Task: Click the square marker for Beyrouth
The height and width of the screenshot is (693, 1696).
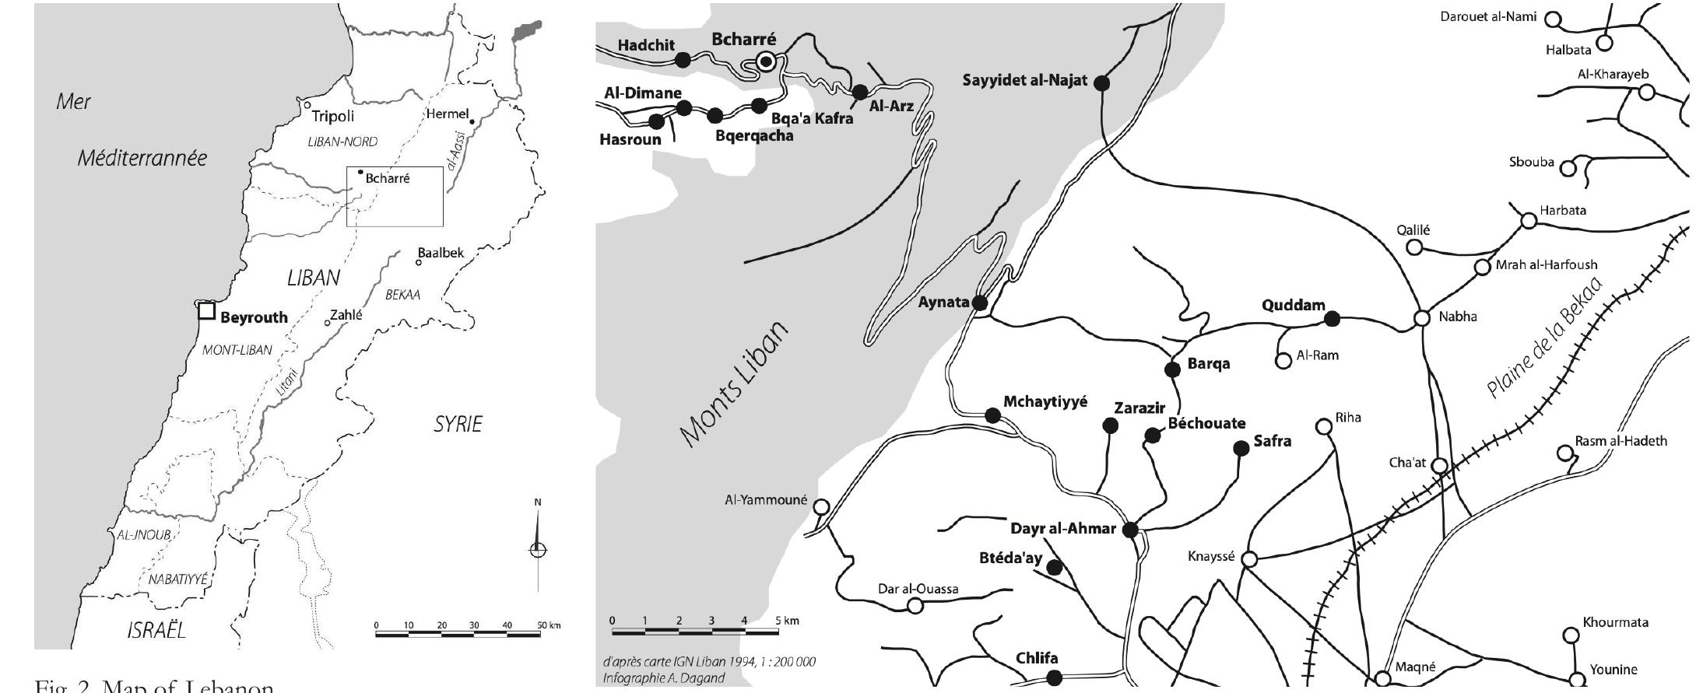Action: pos(206,311)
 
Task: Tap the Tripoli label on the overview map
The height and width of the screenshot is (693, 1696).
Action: pos(332,117)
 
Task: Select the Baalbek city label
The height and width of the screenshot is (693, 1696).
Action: pos(441,253)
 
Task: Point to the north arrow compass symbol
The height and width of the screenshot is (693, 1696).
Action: pos(538,549)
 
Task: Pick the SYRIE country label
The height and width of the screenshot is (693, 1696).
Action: pos(458,425)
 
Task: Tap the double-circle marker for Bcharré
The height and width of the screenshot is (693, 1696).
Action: pos(767,61)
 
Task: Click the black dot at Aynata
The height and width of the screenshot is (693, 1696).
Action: pos(981,303)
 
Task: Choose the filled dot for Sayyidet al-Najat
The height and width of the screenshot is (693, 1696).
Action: pos(1101,82)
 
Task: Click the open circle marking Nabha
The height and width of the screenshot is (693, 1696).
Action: pos(1422,318)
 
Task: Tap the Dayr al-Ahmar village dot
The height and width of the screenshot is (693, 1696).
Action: pos(1130,530)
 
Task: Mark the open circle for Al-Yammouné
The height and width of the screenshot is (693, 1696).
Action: pos(821,507)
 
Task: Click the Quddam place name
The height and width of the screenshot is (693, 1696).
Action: pos(1293,305)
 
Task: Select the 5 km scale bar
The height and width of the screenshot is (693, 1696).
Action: pos(694,631)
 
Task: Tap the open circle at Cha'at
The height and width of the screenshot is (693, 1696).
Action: pos(1440,466)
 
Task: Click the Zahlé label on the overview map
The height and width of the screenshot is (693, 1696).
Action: pos(346,315)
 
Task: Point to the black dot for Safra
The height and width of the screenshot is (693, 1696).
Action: pos(1241,448)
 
